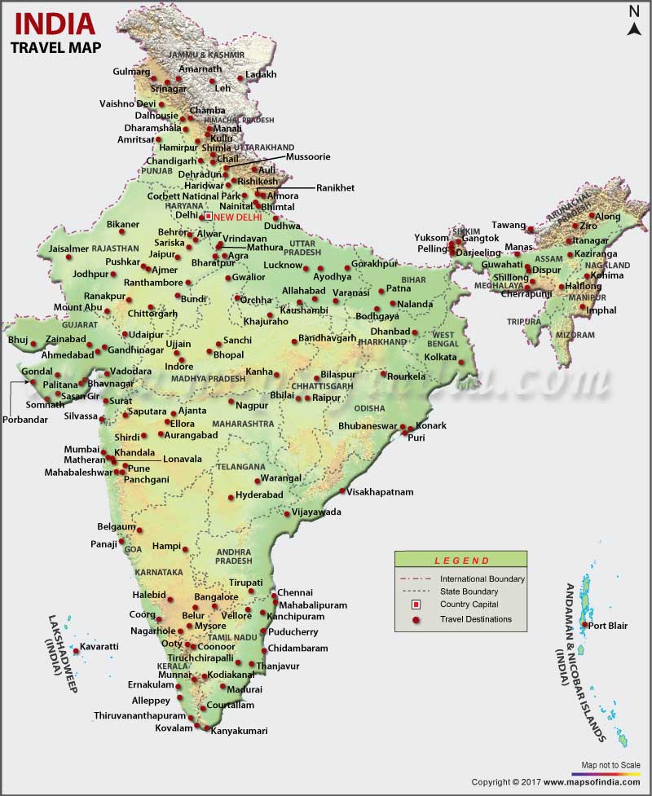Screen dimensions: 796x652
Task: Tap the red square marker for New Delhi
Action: (208, 217)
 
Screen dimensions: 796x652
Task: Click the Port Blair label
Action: (608, 626)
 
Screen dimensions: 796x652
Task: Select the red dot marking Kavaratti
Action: (76, 650)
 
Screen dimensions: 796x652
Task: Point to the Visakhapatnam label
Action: (380, 492)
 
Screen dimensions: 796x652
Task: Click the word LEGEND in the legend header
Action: (461, 561)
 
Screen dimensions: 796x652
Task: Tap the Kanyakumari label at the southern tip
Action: (239, 731)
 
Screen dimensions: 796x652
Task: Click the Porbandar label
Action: (24, 420)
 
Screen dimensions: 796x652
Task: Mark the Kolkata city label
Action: (441, 357)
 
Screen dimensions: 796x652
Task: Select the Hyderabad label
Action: (259, 495)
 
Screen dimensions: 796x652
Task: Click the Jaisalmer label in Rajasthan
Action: (68, 248)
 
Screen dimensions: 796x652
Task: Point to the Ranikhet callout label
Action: (335, 187)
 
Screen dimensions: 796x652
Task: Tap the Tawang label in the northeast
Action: (508, 225)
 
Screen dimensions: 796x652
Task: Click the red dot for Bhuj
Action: (33, 344)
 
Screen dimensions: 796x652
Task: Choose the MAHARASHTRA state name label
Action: (243, 424)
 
